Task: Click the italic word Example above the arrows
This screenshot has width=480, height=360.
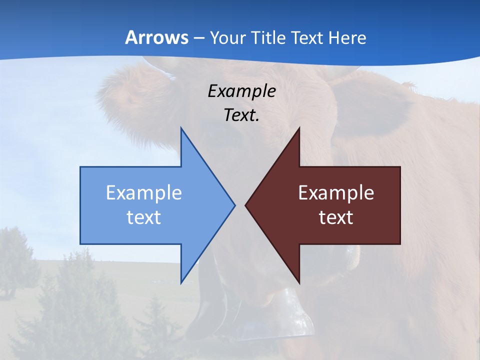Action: pyautogui.click(x=241, y=91)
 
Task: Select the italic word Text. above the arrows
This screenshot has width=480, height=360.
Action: pyautogui.click(x=241, y=115)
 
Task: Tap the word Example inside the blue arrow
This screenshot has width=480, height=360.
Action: pyautogui.click(x=144, y=193)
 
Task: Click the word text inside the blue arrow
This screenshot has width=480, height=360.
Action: pyautogui.click(x=144, y=217)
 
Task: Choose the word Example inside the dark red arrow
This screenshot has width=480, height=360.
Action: pyautogui.click(x=336, y=193)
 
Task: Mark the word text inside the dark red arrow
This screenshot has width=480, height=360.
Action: pyautogui.click(x=336, y=217)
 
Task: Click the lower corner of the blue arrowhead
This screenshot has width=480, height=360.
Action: pyautogui.click(x=181, y=282)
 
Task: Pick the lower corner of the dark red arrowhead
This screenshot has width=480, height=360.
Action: pyautogui.click(x=299, y=282)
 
